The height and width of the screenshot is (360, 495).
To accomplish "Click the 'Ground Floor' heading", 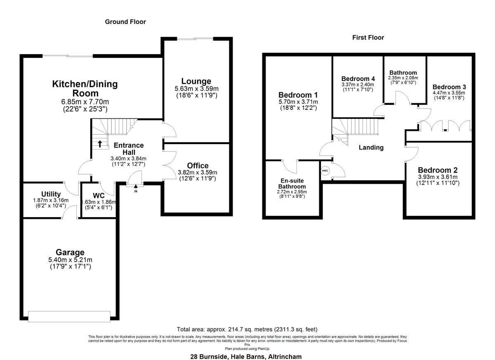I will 125,21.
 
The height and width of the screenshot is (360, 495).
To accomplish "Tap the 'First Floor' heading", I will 368,38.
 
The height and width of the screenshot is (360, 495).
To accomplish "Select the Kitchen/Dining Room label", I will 85,88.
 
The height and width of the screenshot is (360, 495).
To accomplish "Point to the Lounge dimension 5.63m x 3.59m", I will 196,89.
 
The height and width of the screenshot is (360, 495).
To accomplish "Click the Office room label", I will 198,166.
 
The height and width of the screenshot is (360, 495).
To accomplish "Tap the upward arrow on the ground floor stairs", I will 99,144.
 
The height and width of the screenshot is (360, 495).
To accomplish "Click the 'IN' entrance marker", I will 136,191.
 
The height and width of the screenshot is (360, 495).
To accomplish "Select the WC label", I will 98,194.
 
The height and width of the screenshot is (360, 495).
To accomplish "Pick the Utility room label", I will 51,194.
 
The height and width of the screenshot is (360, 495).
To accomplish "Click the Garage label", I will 70,252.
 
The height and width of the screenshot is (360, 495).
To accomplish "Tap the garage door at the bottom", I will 69,316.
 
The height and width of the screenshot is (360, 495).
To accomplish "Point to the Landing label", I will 371,147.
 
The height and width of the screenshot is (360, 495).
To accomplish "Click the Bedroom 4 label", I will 358,78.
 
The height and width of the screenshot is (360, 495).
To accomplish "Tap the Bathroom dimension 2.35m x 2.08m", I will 403,78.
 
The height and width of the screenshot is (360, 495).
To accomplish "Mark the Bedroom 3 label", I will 449,87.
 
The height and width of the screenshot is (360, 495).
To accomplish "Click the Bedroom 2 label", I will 437,170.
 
